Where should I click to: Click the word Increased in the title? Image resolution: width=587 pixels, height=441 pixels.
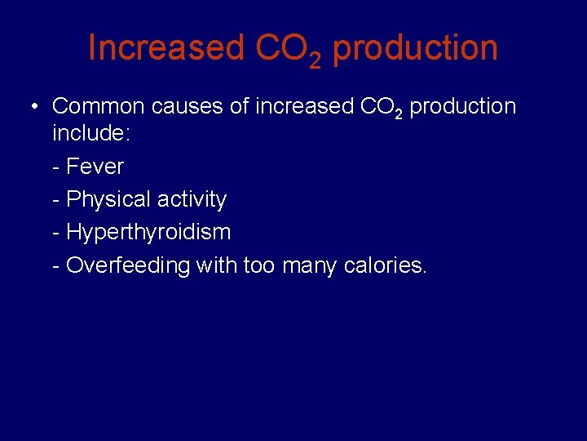coord(166,48)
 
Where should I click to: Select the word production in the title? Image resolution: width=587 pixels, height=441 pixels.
coord(415,49)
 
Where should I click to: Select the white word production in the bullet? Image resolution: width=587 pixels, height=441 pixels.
coord(462,107)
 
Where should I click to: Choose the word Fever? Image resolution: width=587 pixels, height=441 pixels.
coord(95,167)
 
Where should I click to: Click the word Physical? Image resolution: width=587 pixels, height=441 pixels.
coord(108,199)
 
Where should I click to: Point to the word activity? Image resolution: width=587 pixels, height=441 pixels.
coord(192,199)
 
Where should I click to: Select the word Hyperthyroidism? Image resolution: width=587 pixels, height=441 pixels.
coord(148,232)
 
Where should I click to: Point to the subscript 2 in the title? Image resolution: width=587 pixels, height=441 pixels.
coord(315,60)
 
